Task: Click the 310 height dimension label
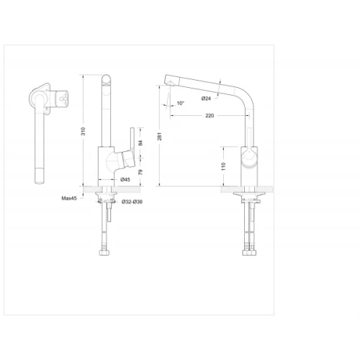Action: tap(84, 131)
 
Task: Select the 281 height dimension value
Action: tap(160, 136)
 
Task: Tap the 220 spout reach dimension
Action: tap(210, 116)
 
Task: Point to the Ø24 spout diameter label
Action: tap(206, 99)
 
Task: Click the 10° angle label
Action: tap(181, 103)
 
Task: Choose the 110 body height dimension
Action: tap(224, 166)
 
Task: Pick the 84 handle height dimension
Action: tap(140, 143)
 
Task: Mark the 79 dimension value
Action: tap(140, 172)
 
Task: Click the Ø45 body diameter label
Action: tap(125, 179)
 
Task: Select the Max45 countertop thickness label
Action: tap(69, 198)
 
